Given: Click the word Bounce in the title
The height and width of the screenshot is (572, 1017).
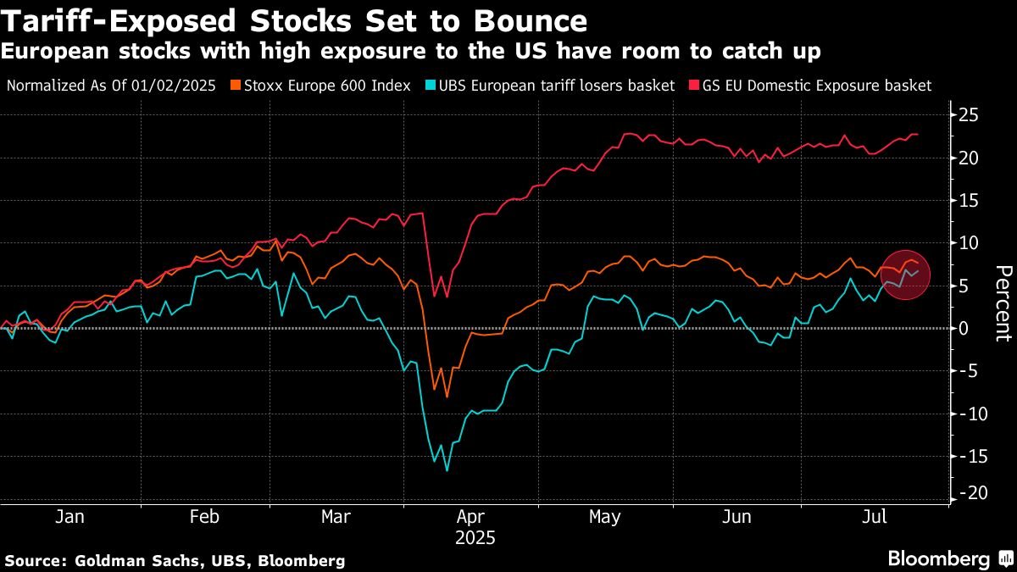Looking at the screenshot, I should [x=522, y=20].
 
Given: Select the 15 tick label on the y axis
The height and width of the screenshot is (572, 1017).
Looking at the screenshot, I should [x=970, y=200].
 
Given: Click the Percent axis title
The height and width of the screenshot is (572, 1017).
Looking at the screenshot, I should [x=1003, y=303].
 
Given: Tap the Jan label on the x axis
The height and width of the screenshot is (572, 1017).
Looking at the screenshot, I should [x=69, y=517].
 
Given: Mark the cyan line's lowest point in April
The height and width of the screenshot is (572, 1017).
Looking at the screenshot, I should [x=447, y=470].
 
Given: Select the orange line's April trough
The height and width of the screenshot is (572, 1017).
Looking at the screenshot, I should [x=447, y=397].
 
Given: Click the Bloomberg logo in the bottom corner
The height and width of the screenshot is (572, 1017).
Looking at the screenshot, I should [x=948, y=558].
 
